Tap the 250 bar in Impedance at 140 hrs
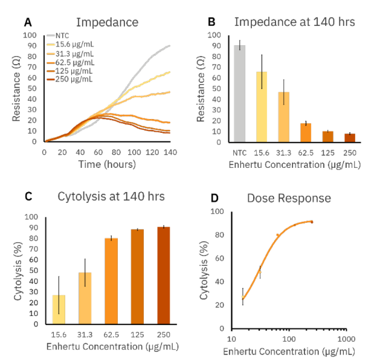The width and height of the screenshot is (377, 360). pos(349,138)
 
